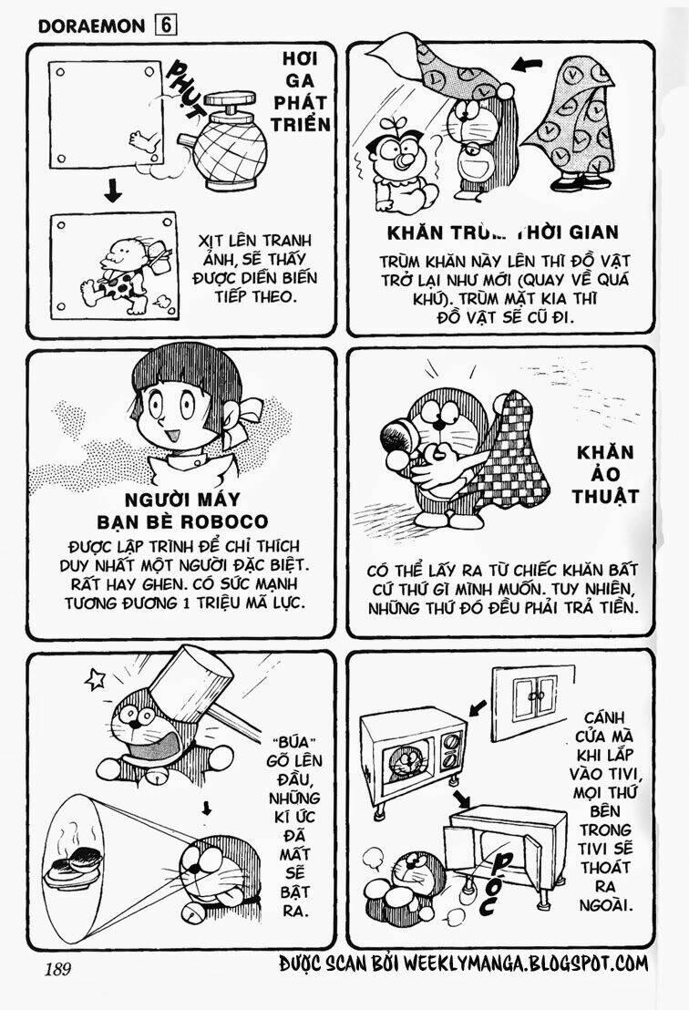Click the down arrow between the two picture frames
pos(113,191)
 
